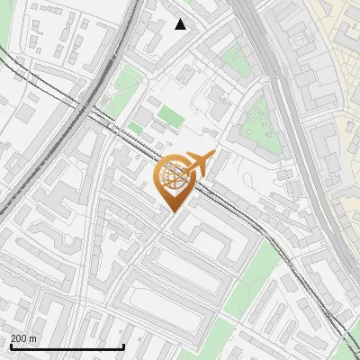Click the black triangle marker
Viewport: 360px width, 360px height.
coord(181,24)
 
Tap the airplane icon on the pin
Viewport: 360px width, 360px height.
coord(199,164)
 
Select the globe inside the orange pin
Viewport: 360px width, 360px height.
coord(173,177)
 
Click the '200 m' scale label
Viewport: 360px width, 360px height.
coord(24,338)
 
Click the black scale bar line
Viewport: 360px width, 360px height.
coord(67,346)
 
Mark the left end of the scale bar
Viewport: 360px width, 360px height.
coord(11,346)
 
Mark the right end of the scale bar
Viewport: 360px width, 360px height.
coord(123,346)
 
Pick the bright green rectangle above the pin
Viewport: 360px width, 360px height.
coord(171,116)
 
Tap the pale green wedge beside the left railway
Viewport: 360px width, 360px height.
coord(123,94)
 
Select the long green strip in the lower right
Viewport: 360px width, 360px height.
coord(252,279)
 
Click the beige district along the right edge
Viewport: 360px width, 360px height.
coord(342,135)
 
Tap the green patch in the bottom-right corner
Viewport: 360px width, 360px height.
coord(351,346)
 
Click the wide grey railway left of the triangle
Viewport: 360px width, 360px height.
coord(121,36)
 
